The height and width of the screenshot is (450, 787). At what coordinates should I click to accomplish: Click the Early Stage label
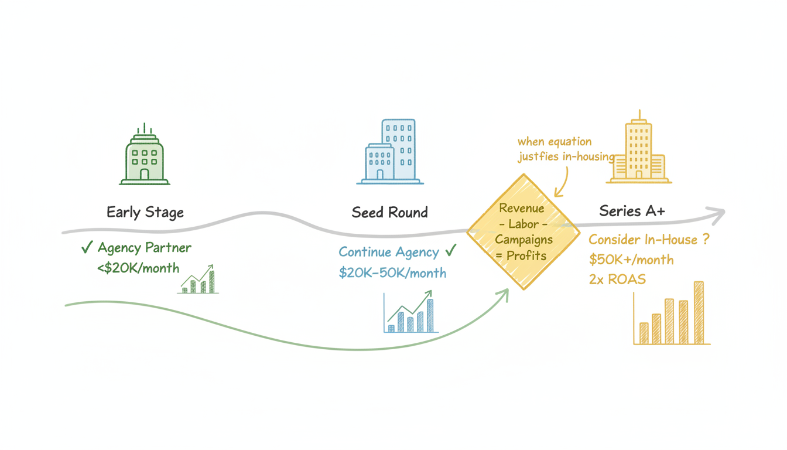point(145,212)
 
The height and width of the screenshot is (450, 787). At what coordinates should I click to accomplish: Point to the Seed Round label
point(389,212)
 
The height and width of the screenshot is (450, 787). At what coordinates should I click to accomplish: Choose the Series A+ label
point(632,211)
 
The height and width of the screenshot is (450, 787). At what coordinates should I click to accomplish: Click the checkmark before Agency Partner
point(87,248)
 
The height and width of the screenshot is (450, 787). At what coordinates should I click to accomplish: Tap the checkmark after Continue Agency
point(450,251)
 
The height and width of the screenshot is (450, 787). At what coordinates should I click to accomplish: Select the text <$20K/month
point(139,268)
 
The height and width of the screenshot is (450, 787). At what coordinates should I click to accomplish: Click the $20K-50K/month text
point(392,272)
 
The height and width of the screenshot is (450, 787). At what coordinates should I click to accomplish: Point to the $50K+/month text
point(631,260)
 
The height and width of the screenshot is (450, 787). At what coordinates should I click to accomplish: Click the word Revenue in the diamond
point(522,209)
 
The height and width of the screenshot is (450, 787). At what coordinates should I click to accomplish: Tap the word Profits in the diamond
point(526,256)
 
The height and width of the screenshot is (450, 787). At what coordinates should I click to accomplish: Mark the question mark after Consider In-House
point(704,240)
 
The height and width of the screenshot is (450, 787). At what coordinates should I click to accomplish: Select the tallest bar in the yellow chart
point(698,313)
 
